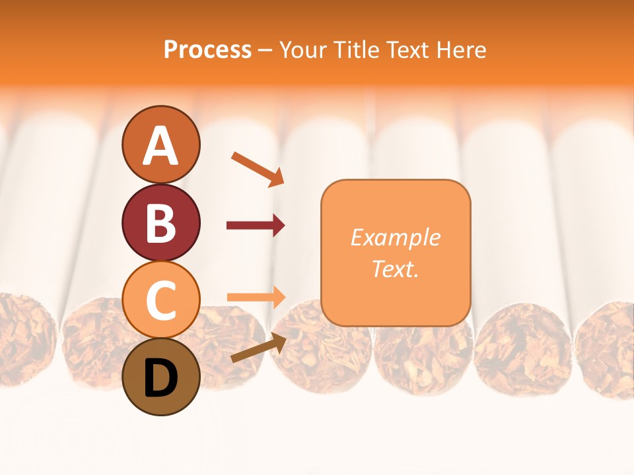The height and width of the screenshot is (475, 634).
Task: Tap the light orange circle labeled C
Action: [x=161, y=300]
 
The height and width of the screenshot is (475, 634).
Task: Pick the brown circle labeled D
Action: [x=161, y=377]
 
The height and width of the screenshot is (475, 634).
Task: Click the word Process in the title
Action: [x=207, y=50]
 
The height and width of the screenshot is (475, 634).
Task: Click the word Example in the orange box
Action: [x=396, y=237]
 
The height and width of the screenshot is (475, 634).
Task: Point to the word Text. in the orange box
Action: [x=396, y=269]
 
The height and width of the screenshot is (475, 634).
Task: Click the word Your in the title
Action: [x=302, y=50]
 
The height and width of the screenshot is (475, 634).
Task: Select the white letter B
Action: [x=161, y=223]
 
